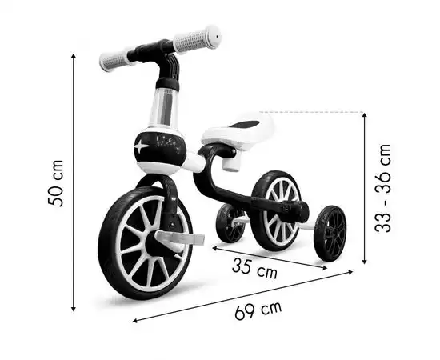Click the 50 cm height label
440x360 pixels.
click(x=56, y=183)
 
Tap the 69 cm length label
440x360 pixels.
click(x=258, y=310)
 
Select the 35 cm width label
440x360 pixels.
click(x=254, y=269)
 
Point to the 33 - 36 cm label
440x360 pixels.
click(x=382, y=188)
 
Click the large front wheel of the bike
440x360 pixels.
click(x=146, y=243)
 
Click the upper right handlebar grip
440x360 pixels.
click(x=197, y=39)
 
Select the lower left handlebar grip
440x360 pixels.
click(x=114, y=61)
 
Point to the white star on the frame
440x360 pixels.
click(x=142, y=146)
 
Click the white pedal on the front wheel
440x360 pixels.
click(x=179, y=238)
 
